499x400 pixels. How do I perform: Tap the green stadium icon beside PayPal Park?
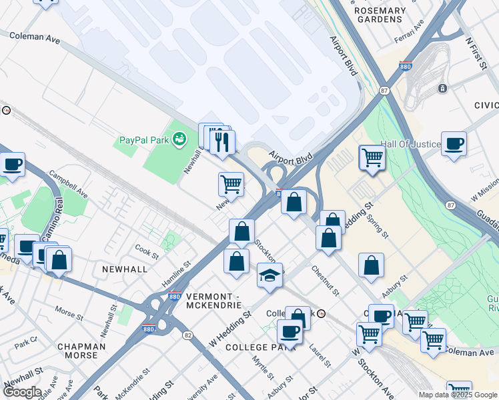(179, 139)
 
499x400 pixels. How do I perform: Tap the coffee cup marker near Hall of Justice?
(454, 143)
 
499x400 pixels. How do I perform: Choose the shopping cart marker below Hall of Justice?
(372, 158)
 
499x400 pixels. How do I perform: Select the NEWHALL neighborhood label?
(124, 269)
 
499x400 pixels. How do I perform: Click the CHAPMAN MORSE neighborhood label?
(82, 351)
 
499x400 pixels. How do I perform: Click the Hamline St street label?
(177, 274)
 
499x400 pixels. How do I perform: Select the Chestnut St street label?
(326, 280)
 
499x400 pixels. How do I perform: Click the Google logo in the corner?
(22, 392)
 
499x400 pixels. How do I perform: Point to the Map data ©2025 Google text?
(458, 395)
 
